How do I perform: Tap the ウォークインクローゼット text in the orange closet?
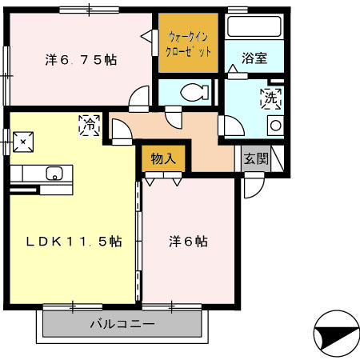coord(190,43)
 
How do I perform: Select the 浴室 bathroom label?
coord(254,58)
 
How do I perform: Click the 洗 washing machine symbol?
coord(270,100)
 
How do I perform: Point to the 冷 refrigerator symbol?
coord(90,125)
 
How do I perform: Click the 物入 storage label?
coord(163,158)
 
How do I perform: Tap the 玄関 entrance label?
coord(257,158)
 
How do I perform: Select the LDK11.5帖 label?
coord(72,241)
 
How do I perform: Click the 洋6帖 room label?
coord(188,241)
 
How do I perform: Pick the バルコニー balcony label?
coord(120,324)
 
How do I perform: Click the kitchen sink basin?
coord(56,174)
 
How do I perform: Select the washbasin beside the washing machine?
coord(275,125)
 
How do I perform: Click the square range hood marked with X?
coord(23,142)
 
